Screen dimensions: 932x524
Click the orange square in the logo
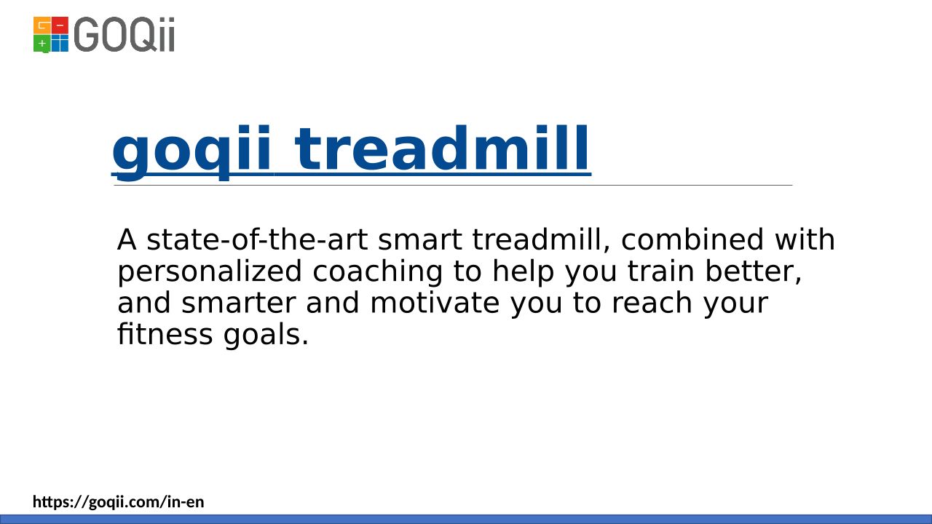(x=42, y=25)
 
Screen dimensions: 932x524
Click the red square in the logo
(x=60, y=25)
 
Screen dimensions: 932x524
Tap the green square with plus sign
(x=42, y=44)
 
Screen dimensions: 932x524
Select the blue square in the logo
(x=60, y=43)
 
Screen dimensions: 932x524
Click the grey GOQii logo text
(x=125, y=34)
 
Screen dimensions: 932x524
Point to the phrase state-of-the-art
(x=257, y=240)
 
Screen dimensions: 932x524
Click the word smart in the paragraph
(x=420, y=240)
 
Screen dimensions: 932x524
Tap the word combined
(x=692, y=240)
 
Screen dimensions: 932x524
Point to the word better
(x=753, y=272)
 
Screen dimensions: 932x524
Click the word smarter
(x=238, y=303)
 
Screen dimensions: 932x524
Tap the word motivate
(x=435, y=303)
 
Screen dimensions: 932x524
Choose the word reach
(x=652, y=303)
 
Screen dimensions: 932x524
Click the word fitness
(x=165, y=334)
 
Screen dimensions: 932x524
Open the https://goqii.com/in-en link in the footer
(x=119, y=502)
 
